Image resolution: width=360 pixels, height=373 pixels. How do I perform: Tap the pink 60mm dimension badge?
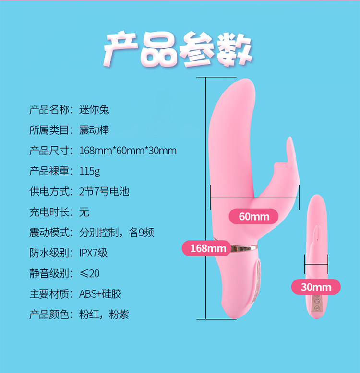click(254, 217)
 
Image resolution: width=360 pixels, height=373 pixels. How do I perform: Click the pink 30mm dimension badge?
click(316, 287)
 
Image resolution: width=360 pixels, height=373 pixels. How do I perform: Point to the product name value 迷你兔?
click(94, 110)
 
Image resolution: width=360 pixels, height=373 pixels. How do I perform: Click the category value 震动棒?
click(94, 130)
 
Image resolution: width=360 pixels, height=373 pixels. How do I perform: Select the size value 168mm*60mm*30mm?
click(128, 151)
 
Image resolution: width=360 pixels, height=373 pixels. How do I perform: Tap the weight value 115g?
click(89, 171)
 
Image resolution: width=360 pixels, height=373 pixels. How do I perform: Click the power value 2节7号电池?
click(104, 192)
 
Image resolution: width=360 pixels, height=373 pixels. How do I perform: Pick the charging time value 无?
click(84, 212)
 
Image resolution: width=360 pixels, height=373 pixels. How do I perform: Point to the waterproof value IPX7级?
click(94, 253)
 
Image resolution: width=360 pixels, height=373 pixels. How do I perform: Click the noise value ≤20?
click(89, 273)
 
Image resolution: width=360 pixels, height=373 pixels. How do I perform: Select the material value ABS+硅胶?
click(100, 294)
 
